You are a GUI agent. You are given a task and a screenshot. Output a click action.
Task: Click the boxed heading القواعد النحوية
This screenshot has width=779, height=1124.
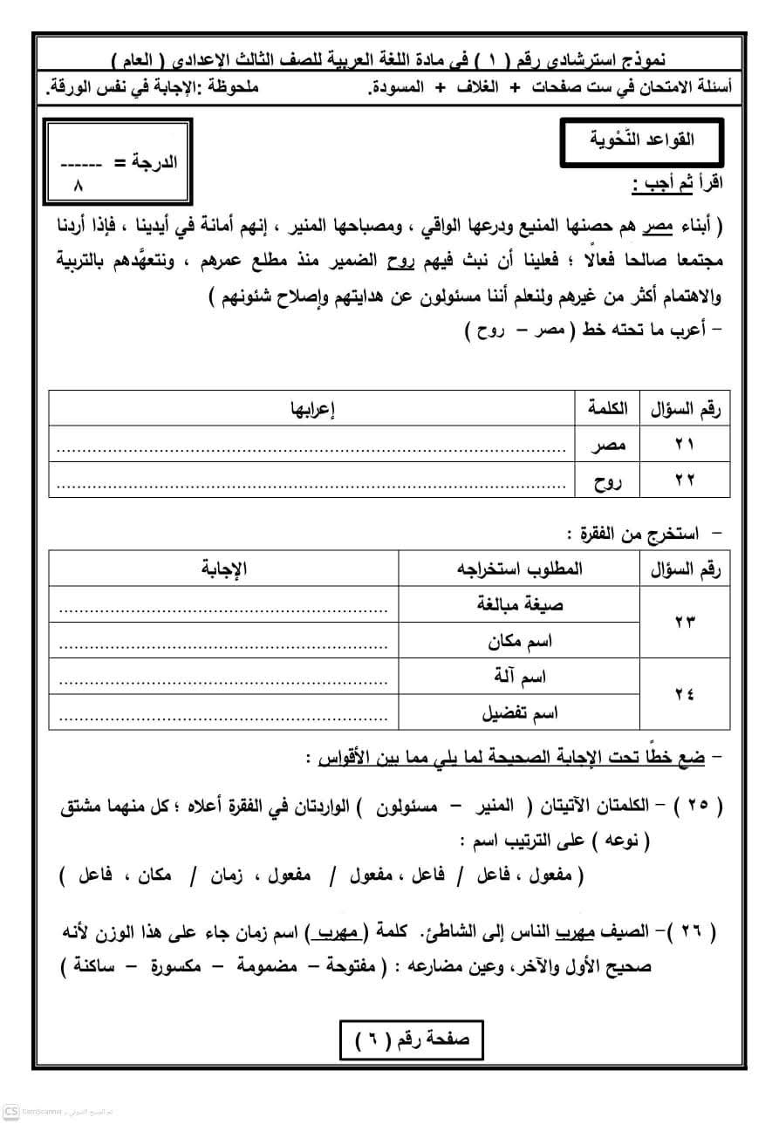pyautogui.click(x=642, y=140)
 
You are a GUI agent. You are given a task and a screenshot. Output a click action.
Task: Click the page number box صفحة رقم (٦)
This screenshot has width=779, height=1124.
pyautogui.click(x=410, y=1039)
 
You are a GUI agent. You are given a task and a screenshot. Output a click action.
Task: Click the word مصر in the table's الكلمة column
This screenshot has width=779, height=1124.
pyautogui.click(x=607, y=446)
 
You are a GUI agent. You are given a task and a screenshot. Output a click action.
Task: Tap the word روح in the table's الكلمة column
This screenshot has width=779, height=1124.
pyautogui.click(x=607, y=480)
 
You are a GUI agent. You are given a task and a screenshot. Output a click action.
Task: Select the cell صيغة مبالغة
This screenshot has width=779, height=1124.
pyautogui.click(x=520, y=604)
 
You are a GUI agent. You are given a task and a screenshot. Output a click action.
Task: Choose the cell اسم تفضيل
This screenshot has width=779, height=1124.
pyautogui.click(x=521, y=712)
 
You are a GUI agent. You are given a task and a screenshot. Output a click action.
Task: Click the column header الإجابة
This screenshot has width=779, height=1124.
pyautogui.click(x=224, y=569)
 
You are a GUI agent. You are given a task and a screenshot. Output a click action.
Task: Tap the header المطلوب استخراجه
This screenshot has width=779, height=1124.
pyautogui.click(x=520, y=569)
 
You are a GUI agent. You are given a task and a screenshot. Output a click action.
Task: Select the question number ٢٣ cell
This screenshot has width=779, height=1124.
pyautogui.click(x=684, y=622)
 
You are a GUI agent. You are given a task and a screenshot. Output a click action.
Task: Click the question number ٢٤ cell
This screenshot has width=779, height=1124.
pyautogui.click(x=684, y=694)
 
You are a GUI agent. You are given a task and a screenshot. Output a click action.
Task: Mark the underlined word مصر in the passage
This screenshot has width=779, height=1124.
pyautogui.click(x=659, y=227)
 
